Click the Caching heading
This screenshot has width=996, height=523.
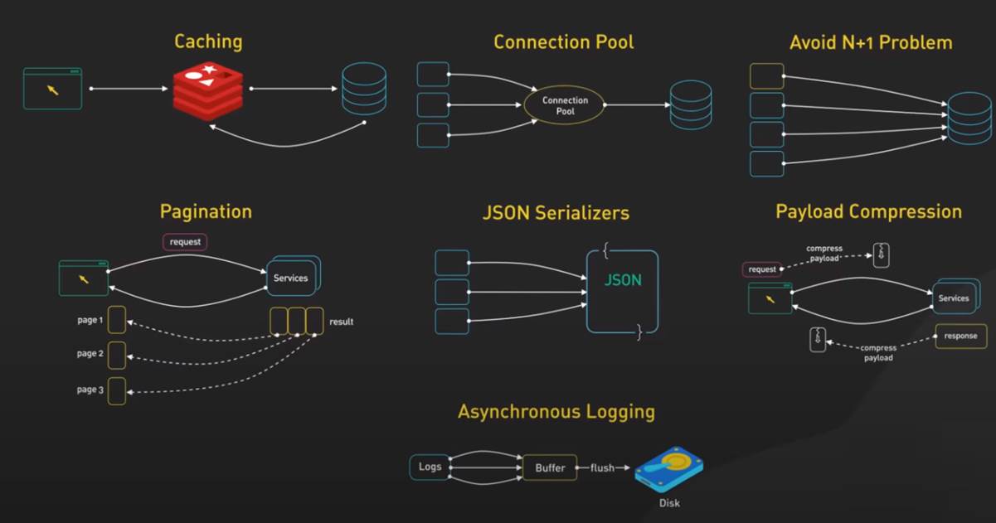pos(208,41)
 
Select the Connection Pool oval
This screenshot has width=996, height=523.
pos(565,105)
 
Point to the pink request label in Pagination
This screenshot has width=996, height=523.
pos(184,242)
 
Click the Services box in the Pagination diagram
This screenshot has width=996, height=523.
pos(291,278)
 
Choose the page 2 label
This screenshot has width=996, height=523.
pos(90,354)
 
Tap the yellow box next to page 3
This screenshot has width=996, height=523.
pos(117,390)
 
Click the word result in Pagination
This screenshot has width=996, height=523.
pos(341,322)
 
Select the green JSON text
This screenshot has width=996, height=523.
pos(623,280)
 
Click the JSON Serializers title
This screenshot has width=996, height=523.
pos(556,213)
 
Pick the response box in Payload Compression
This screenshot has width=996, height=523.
pos(960,337)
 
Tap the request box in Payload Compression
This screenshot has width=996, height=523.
pos(762,269)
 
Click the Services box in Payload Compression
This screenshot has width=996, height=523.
pos(954,298)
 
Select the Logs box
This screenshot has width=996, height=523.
pos(430,467)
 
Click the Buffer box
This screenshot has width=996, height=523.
pos(550,467)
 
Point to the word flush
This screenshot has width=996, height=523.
pos(602,468)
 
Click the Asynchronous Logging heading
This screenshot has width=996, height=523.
pos(556,412)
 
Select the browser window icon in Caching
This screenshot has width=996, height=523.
pos(53,89)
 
